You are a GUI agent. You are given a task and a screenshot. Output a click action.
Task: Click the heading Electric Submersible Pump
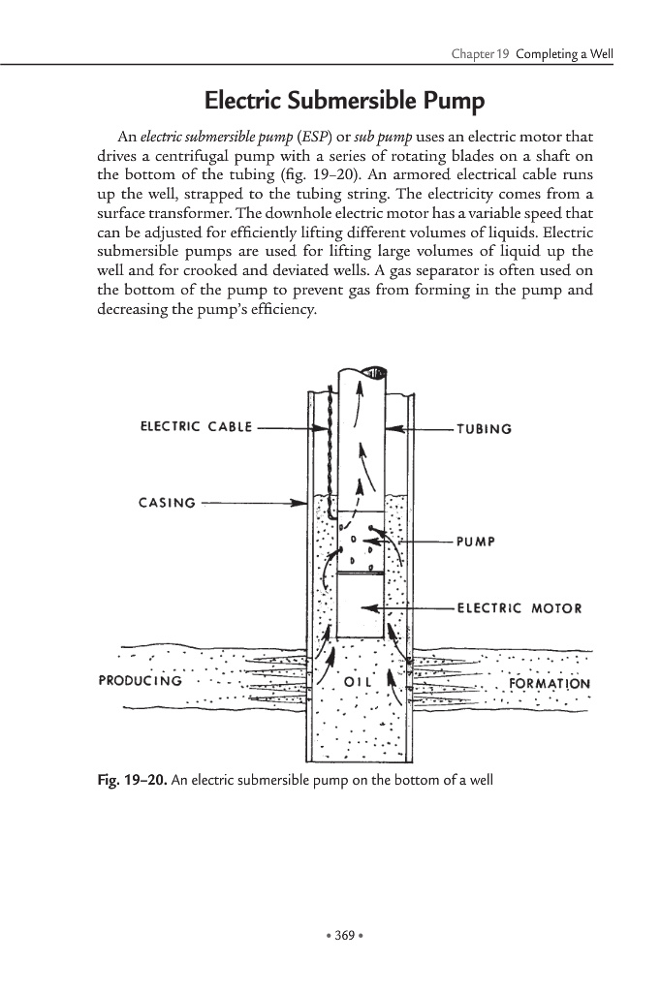coord(344,101)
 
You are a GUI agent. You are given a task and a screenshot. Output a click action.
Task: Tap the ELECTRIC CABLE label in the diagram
coord(196,427)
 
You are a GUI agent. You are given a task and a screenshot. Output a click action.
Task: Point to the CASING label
coord(167,503)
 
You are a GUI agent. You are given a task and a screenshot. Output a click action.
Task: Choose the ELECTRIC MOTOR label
coord(519,608)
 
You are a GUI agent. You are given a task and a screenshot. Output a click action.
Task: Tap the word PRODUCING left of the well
coord(141,680)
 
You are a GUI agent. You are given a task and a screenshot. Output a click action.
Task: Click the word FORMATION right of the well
coord(549,682)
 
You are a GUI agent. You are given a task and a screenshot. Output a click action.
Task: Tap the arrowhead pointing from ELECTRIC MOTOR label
coord(367,608)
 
